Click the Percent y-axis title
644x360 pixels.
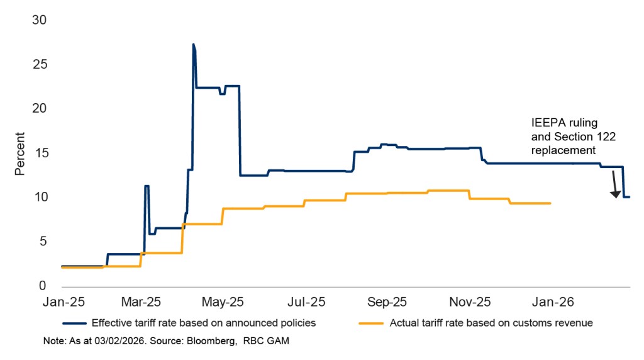[19, 153]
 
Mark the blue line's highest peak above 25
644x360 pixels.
[193, 44]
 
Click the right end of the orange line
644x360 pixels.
[550, 203]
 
